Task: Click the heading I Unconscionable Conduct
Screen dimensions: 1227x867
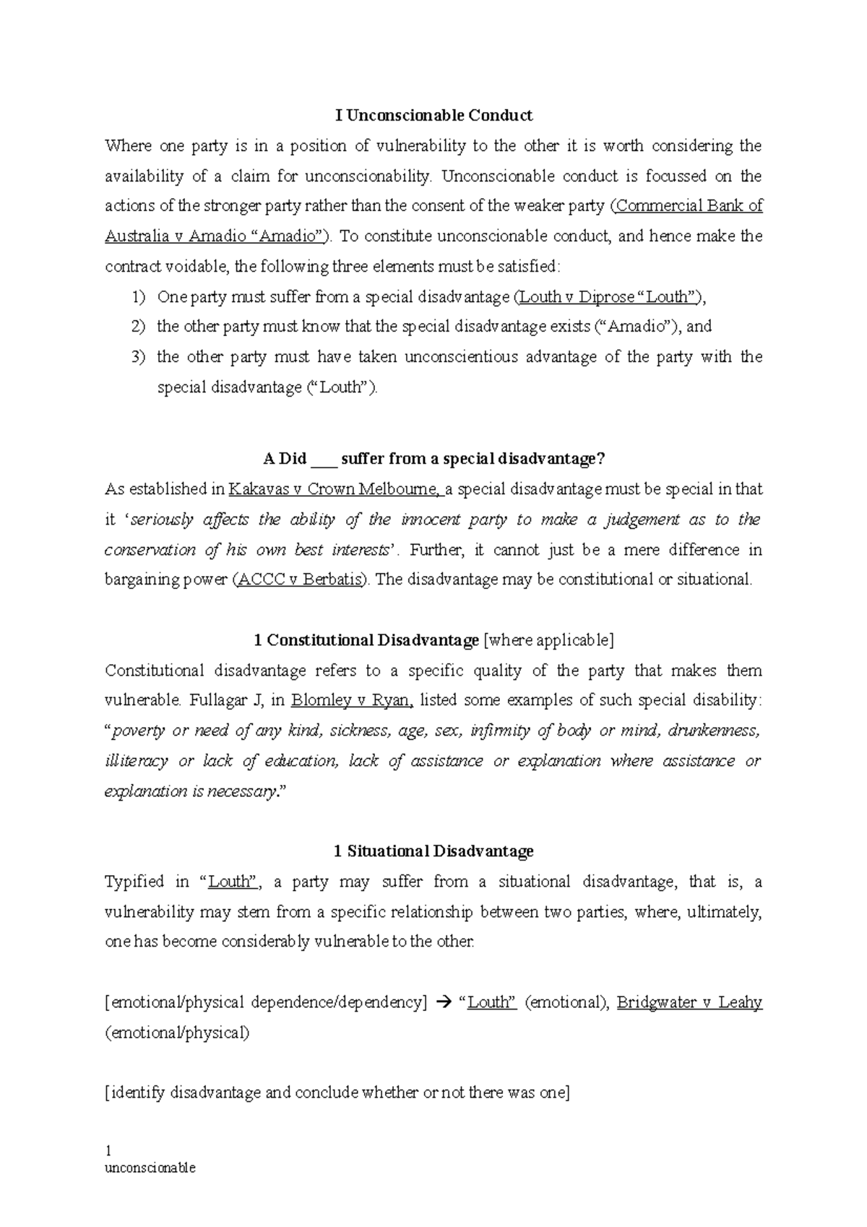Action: click(x=433, y=116)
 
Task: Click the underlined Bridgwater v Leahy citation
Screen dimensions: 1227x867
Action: click(x=689, y=1003)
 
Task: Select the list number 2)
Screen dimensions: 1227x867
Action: click(x=138, y=327)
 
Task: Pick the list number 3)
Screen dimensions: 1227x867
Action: click(x=138, y=357)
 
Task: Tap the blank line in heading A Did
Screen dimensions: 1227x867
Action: click(x=322, y=460)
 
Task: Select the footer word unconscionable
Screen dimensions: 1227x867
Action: click(x=150, y=1168)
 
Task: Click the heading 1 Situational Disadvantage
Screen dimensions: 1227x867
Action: click(x=433, y=851)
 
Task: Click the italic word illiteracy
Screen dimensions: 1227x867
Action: click(x=136, y=761)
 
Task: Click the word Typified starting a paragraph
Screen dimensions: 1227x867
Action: click(x=134, y=882)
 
